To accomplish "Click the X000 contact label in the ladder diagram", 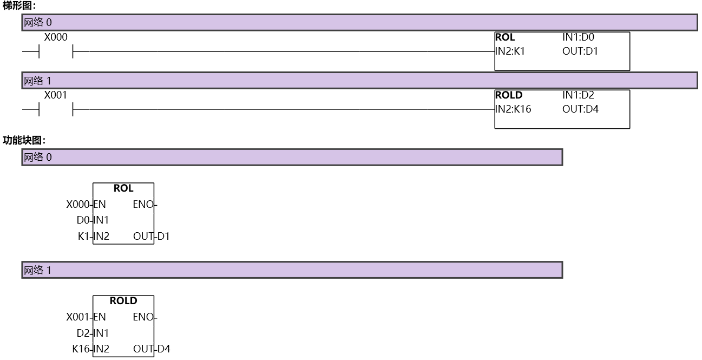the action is pos(56,37).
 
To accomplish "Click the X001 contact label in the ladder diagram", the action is pos(55,95).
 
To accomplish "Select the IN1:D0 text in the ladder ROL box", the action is pos(578,37).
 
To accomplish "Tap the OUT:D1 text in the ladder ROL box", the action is pos(580,51).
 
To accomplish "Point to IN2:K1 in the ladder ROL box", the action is pos(510,51).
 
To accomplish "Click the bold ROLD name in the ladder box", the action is pos(509,95).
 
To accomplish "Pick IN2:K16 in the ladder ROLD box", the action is pos(513,109).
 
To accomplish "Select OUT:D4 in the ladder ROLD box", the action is pos(580,109).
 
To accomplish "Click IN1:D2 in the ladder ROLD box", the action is pos(578,95).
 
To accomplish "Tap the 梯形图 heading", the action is pos(19,5).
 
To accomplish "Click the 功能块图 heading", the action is pos(24,140).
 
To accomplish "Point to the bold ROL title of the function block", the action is pos(123,188).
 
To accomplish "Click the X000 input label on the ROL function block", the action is pos(78,205).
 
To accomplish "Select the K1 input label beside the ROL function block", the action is pos(83,236).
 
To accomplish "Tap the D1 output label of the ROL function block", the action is pos(163,236).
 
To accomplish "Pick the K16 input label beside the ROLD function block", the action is pos(81,349).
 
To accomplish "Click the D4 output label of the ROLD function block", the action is pos(163,349).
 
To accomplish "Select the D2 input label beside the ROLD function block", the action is pos(83,333).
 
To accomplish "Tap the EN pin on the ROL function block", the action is pos(100,205).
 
